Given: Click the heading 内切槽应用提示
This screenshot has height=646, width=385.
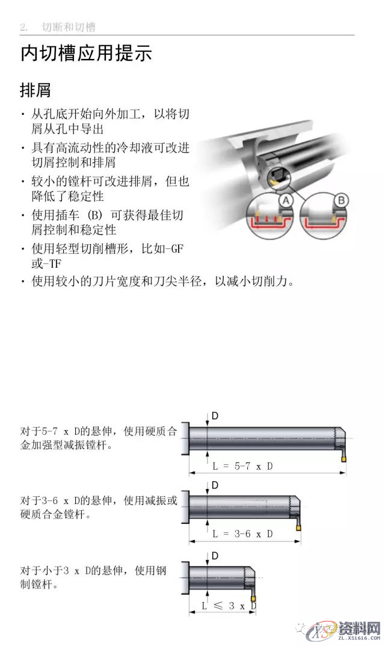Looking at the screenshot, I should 86,54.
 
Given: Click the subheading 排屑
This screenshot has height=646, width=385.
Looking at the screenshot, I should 35,91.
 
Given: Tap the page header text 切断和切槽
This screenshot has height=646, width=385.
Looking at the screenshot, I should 69,27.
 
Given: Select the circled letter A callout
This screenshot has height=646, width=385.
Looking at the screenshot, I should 286,199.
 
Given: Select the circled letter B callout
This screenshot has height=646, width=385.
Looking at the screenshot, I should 340,199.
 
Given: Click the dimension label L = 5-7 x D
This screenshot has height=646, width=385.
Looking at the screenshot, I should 244,466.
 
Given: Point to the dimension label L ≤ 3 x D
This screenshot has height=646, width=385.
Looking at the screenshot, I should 226,605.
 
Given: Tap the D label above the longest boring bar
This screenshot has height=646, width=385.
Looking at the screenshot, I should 215,416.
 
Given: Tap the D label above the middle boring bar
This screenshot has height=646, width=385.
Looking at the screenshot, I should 215,485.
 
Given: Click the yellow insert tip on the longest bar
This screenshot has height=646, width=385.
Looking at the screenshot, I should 343,459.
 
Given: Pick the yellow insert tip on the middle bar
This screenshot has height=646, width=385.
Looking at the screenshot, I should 298,528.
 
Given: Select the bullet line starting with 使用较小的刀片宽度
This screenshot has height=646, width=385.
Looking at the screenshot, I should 162,281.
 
